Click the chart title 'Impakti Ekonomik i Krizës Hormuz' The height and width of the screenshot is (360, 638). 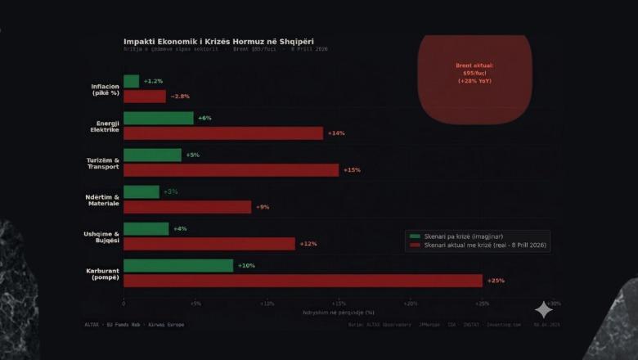[218, 41]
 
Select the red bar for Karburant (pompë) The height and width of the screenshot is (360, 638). [303, 281]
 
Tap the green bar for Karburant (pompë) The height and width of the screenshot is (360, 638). [178, 266]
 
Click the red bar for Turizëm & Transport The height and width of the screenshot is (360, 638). [231, 170]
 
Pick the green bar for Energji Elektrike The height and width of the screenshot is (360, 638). [159, 118]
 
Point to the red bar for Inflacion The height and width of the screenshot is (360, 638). [145, 97]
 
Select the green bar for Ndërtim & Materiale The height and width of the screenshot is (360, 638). [142, 191]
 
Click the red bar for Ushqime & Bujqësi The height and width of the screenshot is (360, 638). [209, 244]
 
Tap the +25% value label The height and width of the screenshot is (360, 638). [496, 281]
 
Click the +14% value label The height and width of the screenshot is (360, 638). [336, 133]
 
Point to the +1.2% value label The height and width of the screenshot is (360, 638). [153, 81]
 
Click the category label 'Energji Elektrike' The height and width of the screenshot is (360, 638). [106, 126]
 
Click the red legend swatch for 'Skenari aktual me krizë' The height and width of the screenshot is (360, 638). [415, 245]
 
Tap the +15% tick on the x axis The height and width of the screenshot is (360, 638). [339, 304]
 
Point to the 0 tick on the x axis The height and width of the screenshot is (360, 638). [124, 304]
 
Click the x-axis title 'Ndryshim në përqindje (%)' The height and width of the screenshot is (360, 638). [339, 312]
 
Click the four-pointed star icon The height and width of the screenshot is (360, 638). [544, 309]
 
